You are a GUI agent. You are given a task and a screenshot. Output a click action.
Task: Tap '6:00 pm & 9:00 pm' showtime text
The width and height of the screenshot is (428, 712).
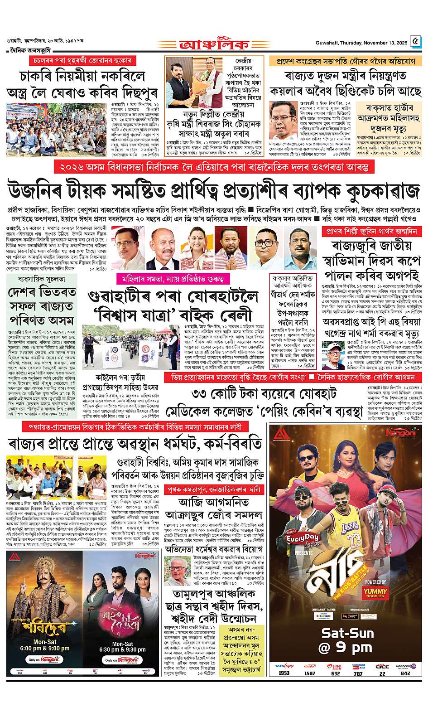42,648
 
